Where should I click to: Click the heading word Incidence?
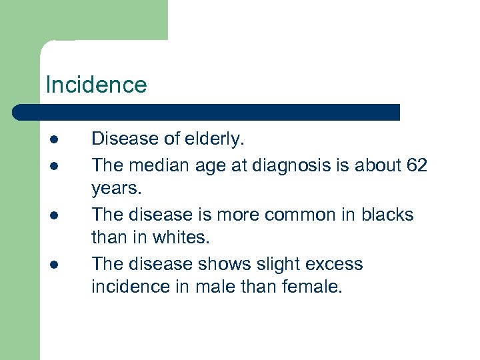tap(96, 85)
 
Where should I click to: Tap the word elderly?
tap(215, 139)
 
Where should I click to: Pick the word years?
tap(117, 189)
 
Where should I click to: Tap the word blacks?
tap(387, 215)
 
